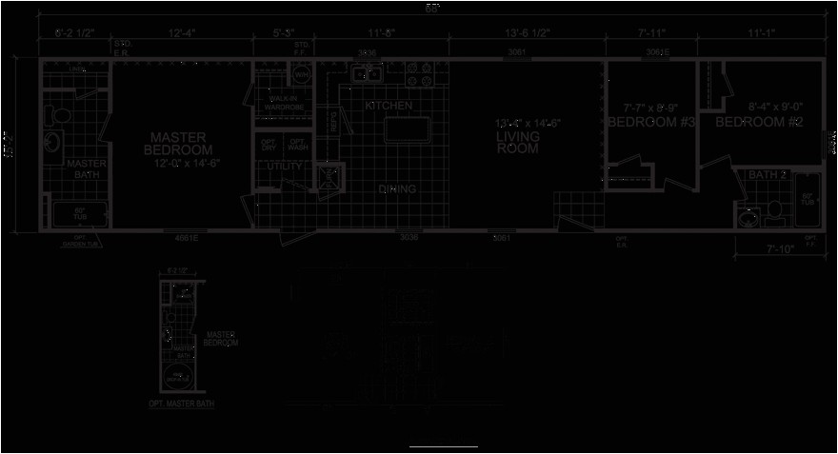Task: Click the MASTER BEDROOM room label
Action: [178, 145]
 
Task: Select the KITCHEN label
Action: [389, 106]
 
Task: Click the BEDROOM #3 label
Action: [650, 122]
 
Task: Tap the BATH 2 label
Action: [762, 174]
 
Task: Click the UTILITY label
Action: [284, 167]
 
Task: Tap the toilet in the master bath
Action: [59, 115]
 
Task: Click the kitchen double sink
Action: [368, 73]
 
